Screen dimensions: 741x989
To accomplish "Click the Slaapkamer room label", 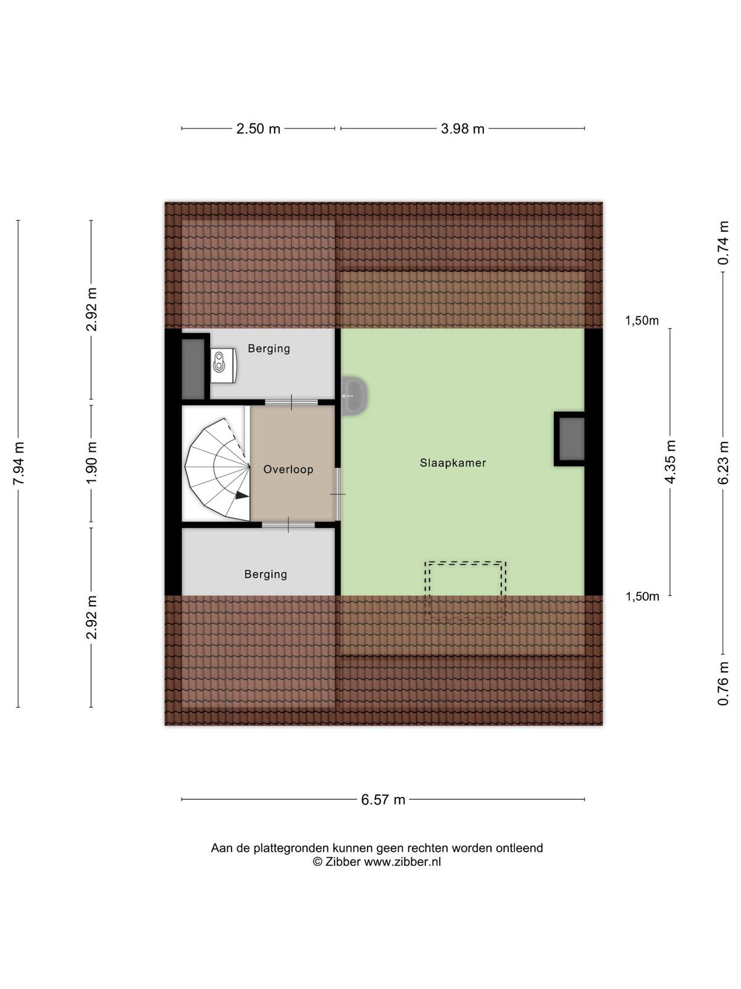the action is point(453,463).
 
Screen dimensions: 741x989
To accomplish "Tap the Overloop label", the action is point(288,470).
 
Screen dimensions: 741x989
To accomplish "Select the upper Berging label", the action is point(269,349).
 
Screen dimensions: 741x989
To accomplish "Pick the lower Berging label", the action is point(266,574).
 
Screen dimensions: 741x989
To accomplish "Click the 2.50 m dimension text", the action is point(258,129).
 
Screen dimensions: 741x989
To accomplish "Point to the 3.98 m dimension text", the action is point(463,129).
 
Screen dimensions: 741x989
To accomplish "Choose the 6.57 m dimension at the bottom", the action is point(383,800).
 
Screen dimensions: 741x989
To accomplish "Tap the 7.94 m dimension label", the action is point(19,464).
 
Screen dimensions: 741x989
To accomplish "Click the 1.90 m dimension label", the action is point(91,463).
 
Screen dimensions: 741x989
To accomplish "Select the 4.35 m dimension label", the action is point(671,462).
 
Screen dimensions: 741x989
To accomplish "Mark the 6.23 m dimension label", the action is point(723,463).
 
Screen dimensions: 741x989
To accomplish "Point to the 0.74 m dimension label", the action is point(723,243).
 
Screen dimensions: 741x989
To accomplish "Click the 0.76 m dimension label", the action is point(723,684).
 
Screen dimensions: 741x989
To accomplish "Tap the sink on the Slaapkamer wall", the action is point(354,396).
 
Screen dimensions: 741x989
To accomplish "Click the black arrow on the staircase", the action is point(242,495).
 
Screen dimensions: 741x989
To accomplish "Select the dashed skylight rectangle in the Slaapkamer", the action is point(466,590).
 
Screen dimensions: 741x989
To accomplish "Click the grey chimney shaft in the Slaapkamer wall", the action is point(571,439).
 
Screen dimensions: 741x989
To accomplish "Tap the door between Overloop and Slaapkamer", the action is point(338,494).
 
